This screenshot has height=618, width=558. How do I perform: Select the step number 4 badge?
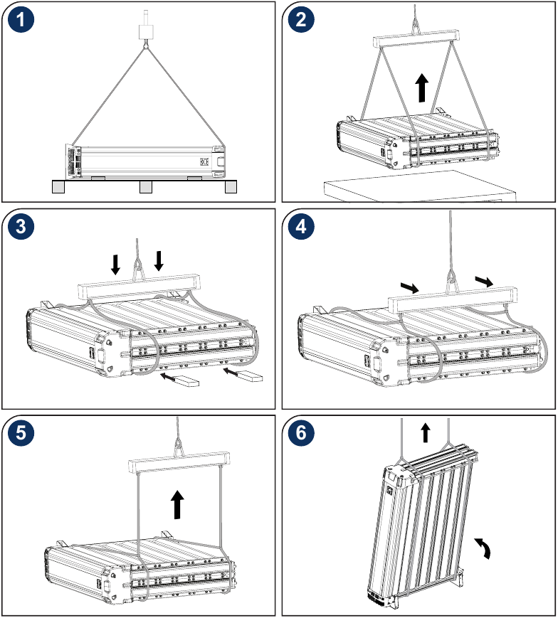tap(302, 228)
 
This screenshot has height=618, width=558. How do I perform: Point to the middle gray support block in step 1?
tap(145, 186)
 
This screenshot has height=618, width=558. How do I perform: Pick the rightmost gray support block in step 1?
tap(231, 186)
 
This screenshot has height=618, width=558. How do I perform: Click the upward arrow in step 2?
tap(421, 89)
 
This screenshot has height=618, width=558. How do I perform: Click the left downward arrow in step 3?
tap(116, 263)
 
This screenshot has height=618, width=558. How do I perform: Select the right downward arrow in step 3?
tap(159, 260)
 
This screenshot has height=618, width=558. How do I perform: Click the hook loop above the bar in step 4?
tap(450, 277)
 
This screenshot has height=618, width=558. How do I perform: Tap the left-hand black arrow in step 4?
tap(410, 287)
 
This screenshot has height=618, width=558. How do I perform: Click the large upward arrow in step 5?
tap(177, 506)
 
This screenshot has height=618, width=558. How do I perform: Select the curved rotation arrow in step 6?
tap(484, 548)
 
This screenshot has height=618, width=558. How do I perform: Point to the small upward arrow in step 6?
tap(426, 432)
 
